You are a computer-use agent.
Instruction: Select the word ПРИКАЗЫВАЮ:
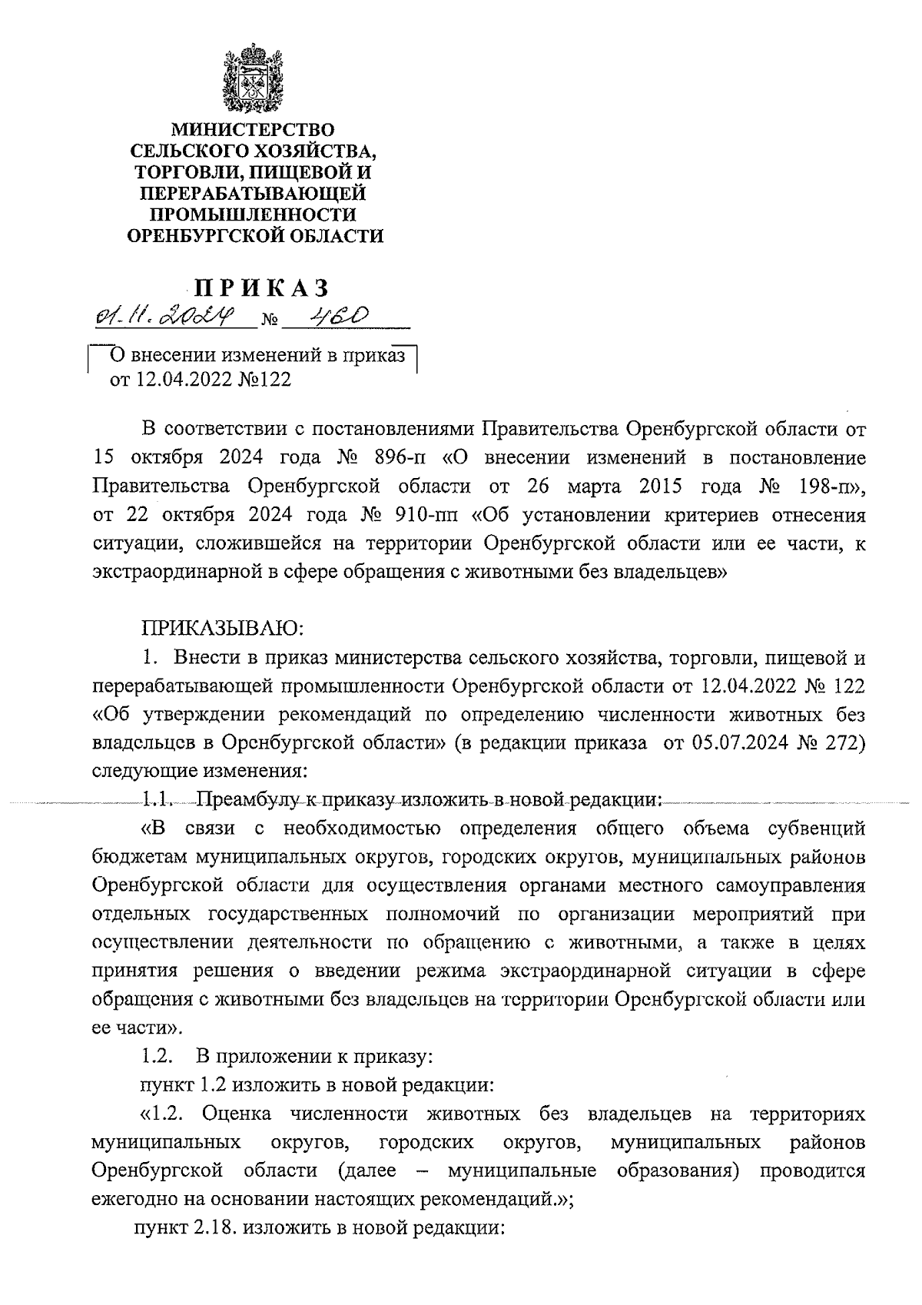(x=223, y=629)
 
